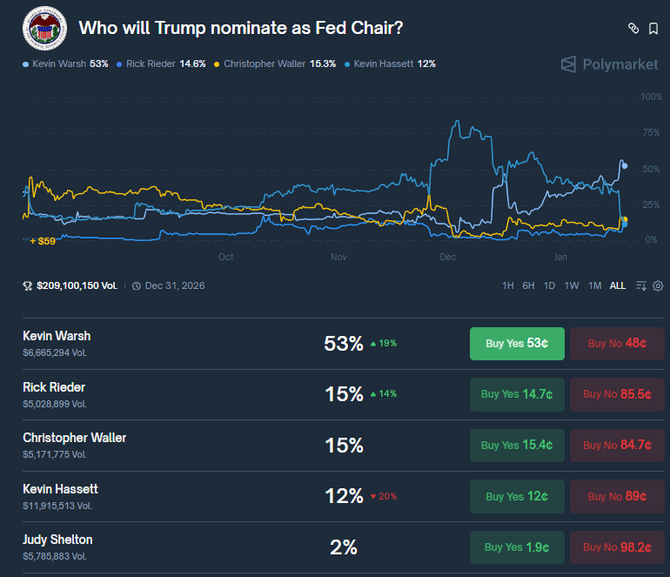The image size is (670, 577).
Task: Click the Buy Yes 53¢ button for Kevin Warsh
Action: pyautogui.click(x=517, y=343)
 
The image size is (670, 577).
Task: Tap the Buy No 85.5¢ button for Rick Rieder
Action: pyautogui.click(x=617, y=394)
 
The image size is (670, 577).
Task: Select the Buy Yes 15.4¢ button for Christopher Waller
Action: pyautogui.click(x=517, y=445)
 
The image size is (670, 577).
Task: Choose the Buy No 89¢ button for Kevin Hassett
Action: pyautogui.click(x=617, y=496)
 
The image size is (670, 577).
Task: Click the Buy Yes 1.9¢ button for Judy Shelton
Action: pyautogui.click(x=517, y=547)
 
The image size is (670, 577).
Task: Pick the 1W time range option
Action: pyautogui.click(x=572, y=285)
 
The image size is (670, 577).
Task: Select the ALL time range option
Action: pyautogui.click(x=617, y=285)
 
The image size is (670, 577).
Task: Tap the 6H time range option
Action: pyautogui.click(x=528, y=285)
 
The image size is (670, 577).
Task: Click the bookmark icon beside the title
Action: pyautogui.click(x=653, y=29)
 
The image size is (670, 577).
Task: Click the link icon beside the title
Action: pyautogui.click(x=633, y=29)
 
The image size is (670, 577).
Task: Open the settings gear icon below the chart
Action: pyautogui.click(x=658, y=285)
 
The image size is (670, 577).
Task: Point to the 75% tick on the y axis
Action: pyautogui.click(x=651, y=132)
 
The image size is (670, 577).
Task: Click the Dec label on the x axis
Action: pyautogui.click(x=448, y=258)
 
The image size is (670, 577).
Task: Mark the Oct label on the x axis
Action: pyautogui.click(x=225, y=258)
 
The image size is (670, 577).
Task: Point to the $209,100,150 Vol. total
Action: pyautogui.click(x=77, y=285)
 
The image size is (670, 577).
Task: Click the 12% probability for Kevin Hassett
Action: pyautogui.click(x=344, y=496)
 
